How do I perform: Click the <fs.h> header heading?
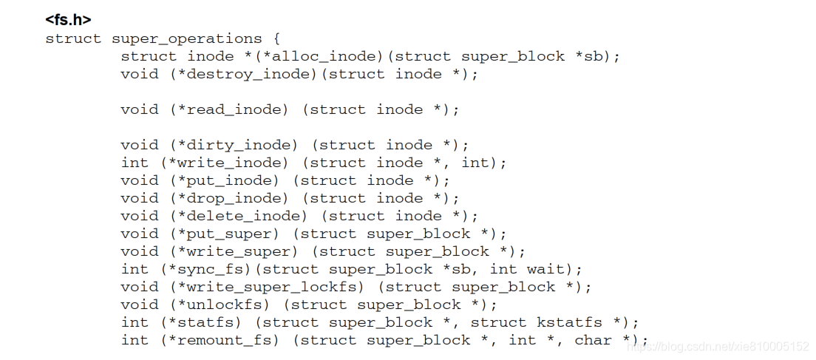pyautogui.click(x=68, y=20)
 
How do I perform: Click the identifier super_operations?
pyautogui.click(x=186, y=38)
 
